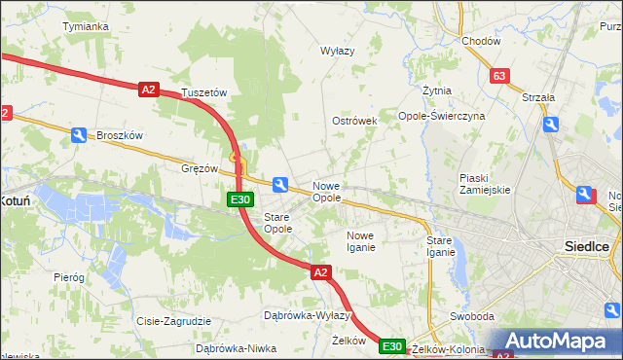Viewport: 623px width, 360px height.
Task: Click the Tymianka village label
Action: pos(85,26)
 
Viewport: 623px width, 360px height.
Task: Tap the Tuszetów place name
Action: pos(204,93)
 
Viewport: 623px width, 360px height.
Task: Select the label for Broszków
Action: pos(120,136)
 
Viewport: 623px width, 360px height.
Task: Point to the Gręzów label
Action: pos(200,168)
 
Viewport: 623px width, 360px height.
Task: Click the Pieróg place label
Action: pos(69,277)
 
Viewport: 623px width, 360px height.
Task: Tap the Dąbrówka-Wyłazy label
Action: pos(307,315)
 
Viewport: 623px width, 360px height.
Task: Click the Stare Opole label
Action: pos(278,223)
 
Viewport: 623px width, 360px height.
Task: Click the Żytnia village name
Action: pos(437,90)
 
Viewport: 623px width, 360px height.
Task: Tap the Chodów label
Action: pos(481,42)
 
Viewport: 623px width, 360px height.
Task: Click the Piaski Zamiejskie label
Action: pos(486,184)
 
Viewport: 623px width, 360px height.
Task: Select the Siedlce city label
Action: pos(587,246)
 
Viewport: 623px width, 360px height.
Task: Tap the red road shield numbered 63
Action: pos(499,76)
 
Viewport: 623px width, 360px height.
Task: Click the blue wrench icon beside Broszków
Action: pos(79,136)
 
